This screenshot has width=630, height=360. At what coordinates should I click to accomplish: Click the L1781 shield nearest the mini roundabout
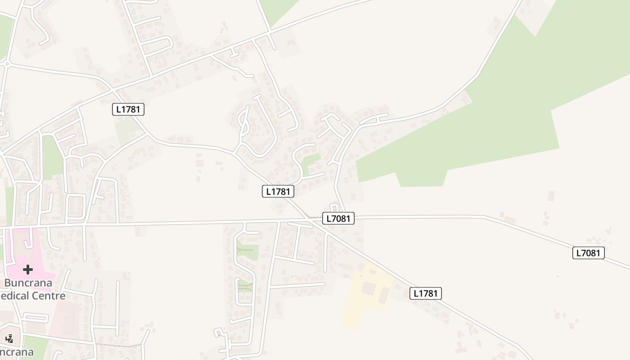pos(128,109)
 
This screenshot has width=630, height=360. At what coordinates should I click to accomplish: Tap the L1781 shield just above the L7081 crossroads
pos(278,191)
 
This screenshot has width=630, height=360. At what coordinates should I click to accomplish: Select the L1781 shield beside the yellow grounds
pos(426,293)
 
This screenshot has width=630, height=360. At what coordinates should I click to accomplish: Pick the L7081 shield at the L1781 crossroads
pos(338,219)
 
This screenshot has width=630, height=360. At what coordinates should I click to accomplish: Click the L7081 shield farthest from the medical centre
pos(589,253)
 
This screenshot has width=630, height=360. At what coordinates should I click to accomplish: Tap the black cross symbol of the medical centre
pos(28,270)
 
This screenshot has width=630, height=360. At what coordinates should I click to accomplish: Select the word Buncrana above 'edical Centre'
pos(28,283)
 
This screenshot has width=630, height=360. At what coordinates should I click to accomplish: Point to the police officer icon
pos(9,338)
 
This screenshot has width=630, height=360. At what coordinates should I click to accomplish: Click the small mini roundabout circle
pos(7,64)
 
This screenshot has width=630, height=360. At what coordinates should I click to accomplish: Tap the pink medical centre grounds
pos(27,252)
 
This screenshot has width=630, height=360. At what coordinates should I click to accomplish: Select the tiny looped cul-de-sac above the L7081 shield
pos(334,207)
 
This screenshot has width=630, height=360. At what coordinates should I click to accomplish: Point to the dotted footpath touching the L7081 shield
pos(314,217)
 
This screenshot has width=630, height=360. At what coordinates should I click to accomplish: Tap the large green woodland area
pos(517,112)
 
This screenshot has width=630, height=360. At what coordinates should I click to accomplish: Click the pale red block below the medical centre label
pos(65,319)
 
